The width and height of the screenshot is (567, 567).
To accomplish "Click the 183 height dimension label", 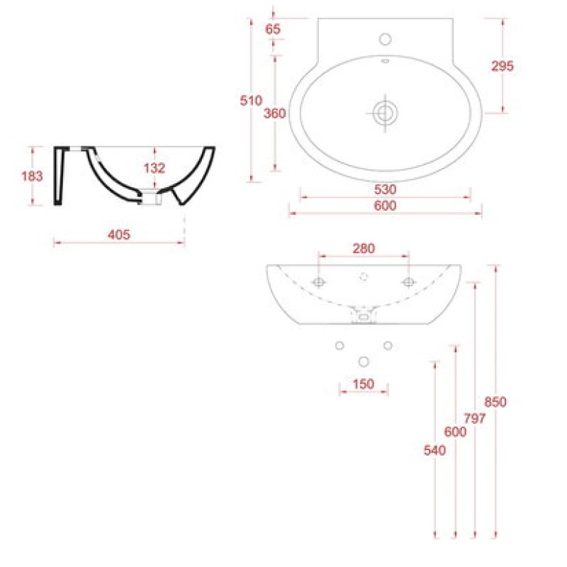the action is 32,176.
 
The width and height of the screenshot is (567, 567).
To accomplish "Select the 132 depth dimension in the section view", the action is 155,168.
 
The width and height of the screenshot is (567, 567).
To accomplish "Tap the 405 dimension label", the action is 119,235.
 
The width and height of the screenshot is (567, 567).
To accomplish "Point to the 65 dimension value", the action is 273,29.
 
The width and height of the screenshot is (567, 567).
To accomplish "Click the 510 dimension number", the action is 251,100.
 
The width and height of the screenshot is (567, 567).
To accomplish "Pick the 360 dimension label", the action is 275,113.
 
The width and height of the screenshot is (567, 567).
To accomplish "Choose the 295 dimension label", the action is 503,66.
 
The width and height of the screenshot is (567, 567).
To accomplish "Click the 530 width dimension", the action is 386,189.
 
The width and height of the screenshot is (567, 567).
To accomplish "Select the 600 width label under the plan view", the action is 386,206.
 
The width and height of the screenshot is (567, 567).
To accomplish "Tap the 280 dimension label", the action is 364,249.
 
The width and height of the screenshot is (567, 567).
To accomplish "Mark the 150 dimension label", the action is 364,383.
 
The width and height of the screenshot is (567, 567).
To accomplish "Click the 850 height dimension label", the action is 495,402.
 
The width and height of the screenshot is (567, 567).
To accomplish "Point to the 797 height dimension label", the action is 475,418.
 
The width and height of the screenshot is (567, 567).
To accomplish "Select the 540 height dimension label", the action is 434,450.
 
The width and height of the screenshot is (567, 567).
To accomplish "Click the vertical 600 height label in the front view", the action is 455,432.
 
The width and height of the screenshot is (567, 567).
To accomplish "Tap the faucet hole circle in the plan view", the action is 386,39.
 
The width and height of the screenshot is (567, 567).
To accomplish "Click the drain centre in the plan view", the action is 386,113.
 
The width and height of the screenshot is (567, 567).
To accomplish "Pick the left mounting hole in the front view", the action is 318,282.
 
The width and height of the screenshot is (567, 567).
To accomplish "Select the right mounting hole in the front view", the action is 409,282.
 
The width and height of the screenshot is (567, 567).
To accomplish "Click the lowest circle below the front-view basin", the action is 364,361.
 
